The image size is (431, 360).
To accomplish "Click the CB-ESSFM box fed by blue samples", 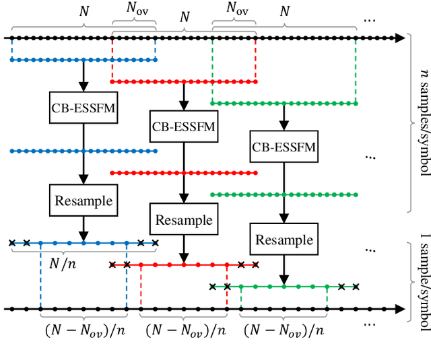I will pyautogui.click(x=84, y=108).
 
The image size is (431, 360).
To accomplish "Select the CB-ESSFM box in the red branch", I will pyautogui.click(x=184, y=127).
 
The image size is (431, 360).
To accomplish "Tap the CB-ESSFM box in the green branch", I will pyautogui.click(x=284, y=146).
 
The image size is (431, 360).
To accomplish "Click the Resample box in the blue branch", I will pyautogui.click(x=84, y=200).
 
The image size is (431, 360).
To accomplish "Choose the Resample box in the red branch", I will pyautogui.click(x=184, y=220).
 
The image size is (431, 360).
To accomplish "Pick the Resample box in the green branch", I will pyautogui.click(x=284, y=240).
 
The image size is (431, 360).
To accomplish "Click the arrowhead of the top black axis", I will pyautogui.click(x=401, y=39).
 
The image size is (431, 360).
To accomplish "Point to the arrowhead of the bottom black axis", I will pyautogui.click(x=401, y=310).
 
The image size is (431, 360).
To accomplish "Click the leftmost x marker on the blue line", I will pyautogui.click(x=11, y=242).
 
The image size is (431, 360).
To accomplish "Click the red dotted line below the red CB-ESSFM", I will pyautogui.click(x=183, y=173).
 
